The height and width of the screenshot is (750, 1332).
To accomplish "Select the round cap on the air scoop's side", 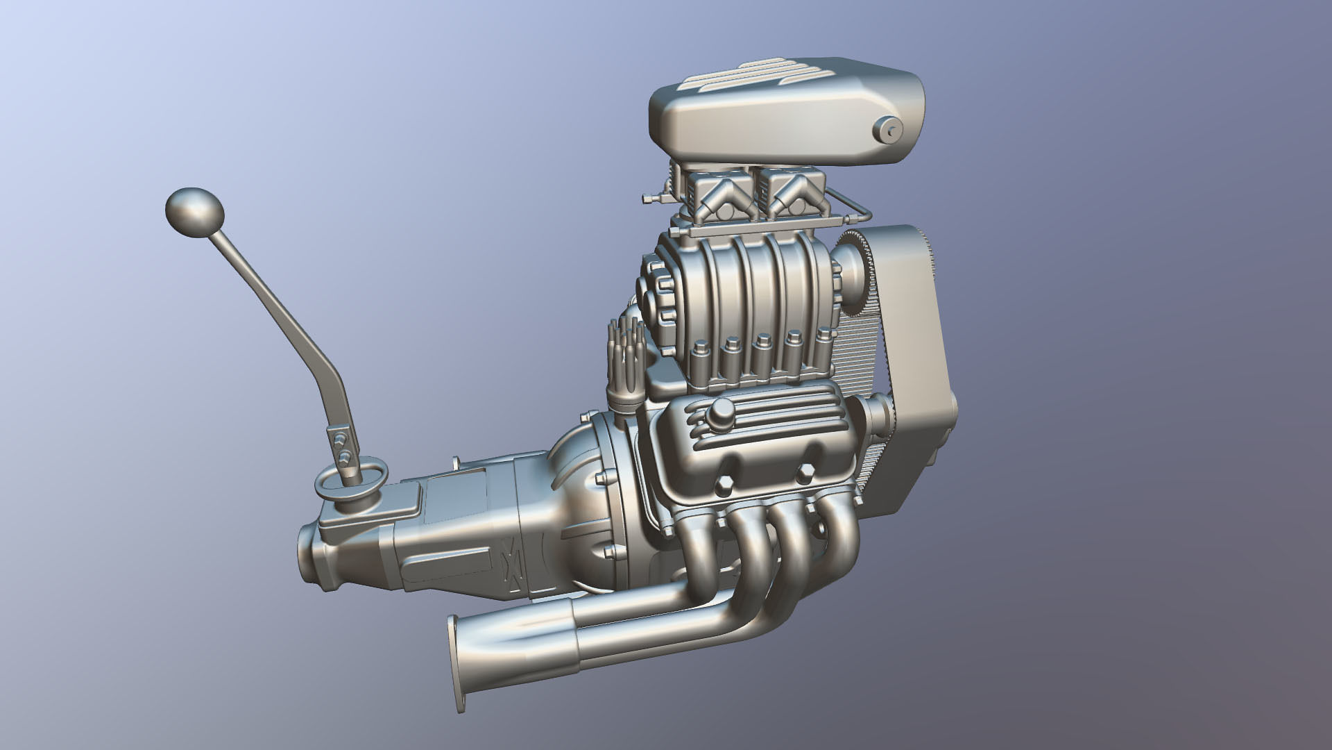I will pyautogui.click(x=888, y=129).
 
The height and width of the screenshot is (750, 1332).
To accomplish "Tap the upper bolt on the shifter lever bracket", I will pyautogui.click(x=339, y=439).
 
